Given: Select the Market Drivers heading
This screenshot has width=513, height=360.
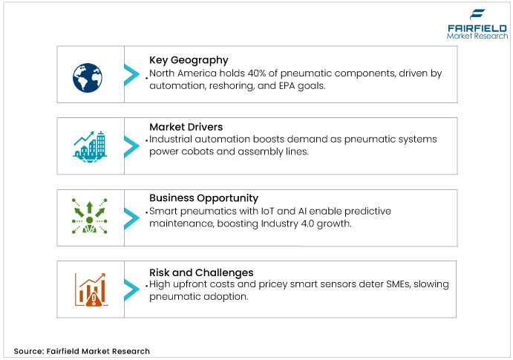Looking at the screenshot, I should (186, 126).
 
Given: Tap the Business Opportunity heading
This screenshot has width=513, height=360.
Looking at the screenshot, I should (203, 198).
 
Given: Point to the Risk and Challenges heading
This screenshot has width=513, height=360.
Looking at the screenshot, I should (201, 272).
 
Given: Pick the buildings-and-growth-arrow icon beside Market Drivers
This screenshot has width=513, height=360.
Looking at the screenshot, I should (89, 143).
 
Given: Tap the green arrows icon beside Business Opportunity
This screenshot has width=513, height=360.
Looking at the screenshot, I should (89, 215).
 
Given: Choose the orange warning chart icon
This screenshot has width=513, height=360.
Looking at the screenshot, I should (89, 289).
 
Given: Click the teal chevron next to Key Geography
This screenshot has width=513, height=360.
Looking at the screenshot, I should (131, 73).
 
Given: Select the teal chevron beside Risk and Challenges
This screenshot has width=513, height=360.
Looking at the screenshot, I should (131, 289).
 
